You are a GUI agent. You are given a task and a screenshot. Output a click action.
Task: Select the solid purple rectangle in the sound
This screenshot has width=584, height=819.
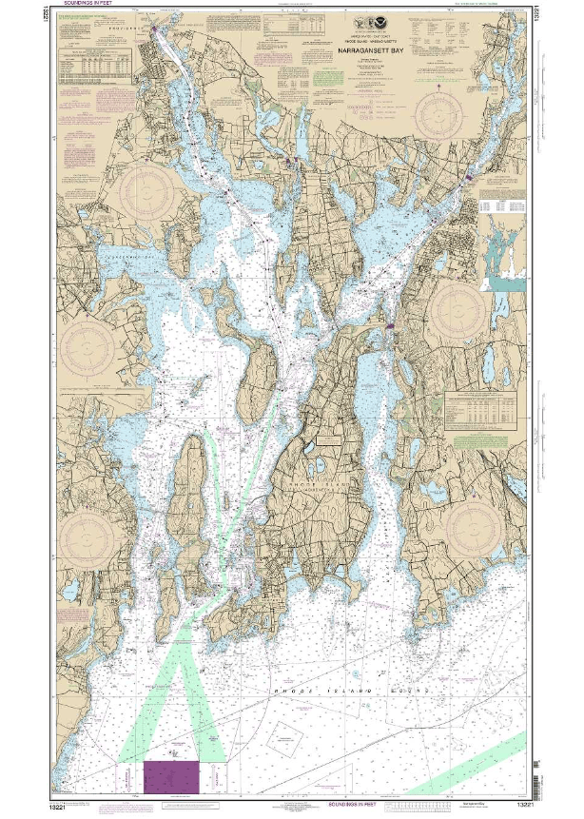[x=172, y=775]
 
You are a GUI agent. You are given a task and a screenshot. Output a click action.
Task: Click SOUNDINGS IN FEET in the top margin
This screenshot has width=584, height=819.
[x=87, y=5]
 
